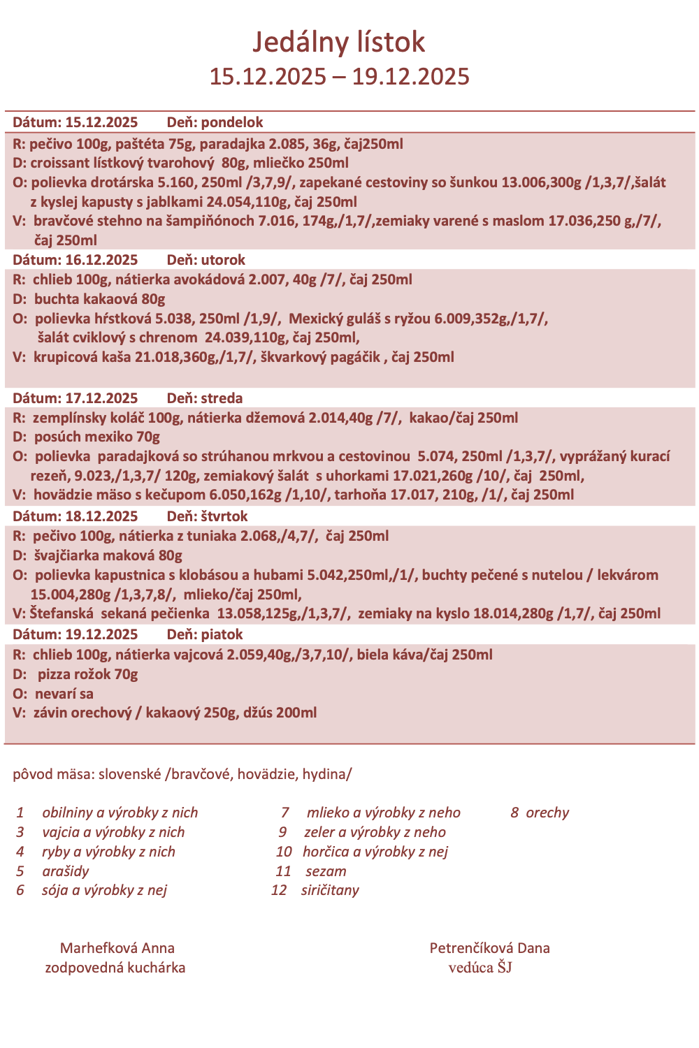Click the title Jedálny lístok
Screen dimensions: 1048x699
[x=338, y=42]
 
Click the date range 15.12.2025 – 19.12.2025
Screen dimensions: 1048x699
[x=339, y=76]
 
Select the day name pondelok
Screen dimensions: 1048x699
[x=231, y=122]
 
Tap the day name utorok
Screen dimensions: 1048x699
[x=223, y=260]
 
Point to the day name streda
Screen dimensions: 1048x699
[x=222, y=398]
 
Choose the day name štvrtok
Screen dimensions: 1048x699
[x=224, y=516]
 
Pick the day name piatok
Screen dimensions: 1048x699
[x=222, y=634]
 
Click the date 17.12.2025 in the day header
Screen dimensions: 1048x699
[x=101, y=398]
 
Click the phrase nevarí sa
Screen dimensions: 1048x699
[x=64, y=694]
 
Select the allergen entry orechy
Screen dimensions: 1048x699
[x=547, y=813]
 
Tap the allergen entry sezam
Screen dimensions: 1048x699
[x=326, y=871]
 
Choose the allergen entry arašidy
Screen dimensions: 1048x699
[x=66, y=871]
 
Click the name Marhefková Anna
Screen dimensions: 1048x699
[x=117, y=948]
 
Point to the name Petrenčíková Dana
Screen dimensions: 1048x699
[x=489, y=948]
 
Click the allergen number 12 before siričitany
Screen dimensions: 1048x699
[x=279, y=890]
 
